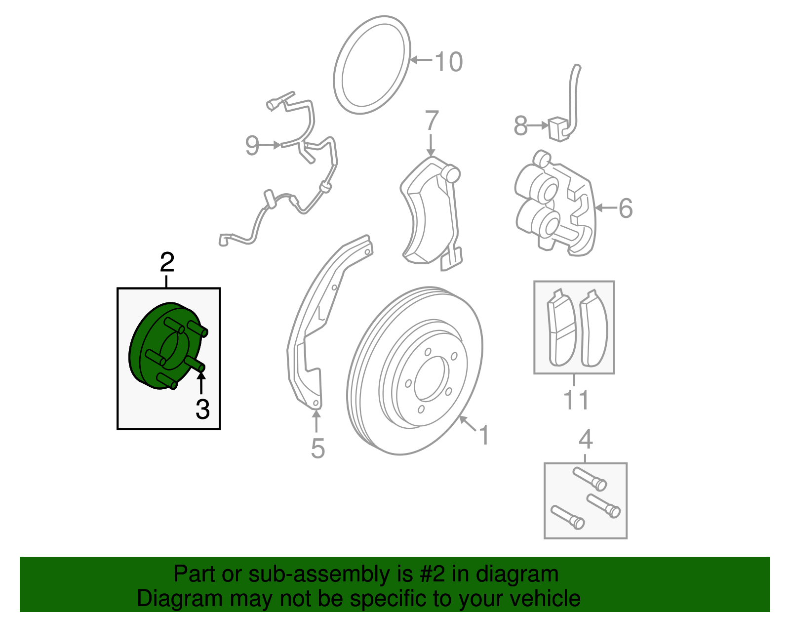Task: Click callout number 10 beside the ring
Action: coord(448,62)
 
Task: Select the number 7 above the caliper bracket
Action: coord(431,121)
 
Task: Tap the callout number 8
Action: coord(520,126)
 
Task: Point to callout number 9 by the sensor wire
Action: coord(252,146)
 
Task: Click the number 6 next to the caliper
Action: coord(625,208)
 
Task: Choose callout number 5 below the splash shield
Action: coord(317,449)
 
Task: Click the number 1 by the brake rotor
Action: coord(484,435)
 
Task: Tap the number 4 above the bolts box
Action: coord(585,439)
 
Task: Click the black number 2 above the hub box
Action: coord(167,262)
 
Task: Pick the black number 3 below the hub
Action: coord(202,409)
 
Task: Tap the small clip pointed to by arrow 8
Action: coord(558,128)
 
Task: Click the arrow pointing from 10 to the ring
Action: coord(421,60)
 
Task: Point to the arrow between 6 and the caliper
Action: coord(605,208)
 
